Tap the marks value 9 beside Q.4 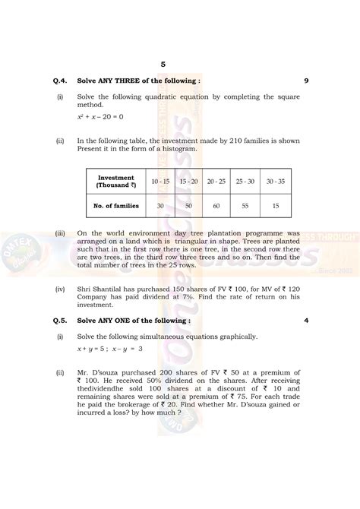point(305,79)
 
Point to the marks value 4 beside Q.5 point(305,320)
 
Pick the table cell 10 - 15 point(160,182)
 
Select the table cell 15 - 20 point(188,182)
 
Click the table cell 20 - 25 point(217,182)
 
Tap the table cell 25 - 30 point(245,182)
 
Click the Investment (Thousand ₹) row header point(115,182)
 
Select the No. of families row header point(115,207)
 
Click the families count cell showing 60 point(217,207)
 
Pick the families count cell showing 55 point(245,207)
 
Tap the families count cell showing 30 point(160,207)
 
